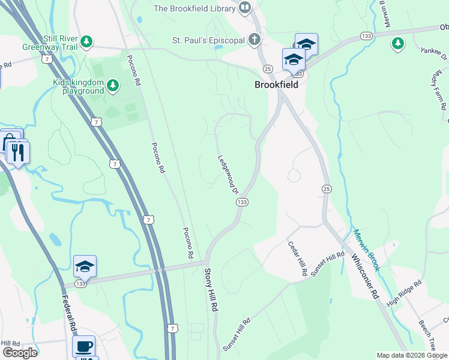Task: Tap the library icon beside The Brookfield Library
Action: click(x=245, y=8)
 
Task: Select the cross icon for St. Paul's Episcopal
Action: click(x=255, y=41)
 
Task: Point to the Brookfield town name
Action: click(x=276, y=85)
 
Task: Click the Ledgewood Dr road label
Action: click(x=228, y=175)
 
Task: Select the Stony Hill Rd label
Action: click(x=213, y=290)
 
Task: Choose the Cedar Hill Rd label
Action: click(x=298, y=259)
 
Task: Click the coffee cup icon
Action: click(x=84, y=346)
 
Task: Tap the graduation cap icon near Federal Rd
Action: click(x=85, y=265)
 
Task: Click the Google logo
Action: click(x=20, y=352)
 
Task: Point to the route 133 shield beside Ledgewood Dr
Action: click(x=241, y=203)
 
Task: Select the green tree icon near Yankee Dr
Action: click(x=397, y=43)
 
